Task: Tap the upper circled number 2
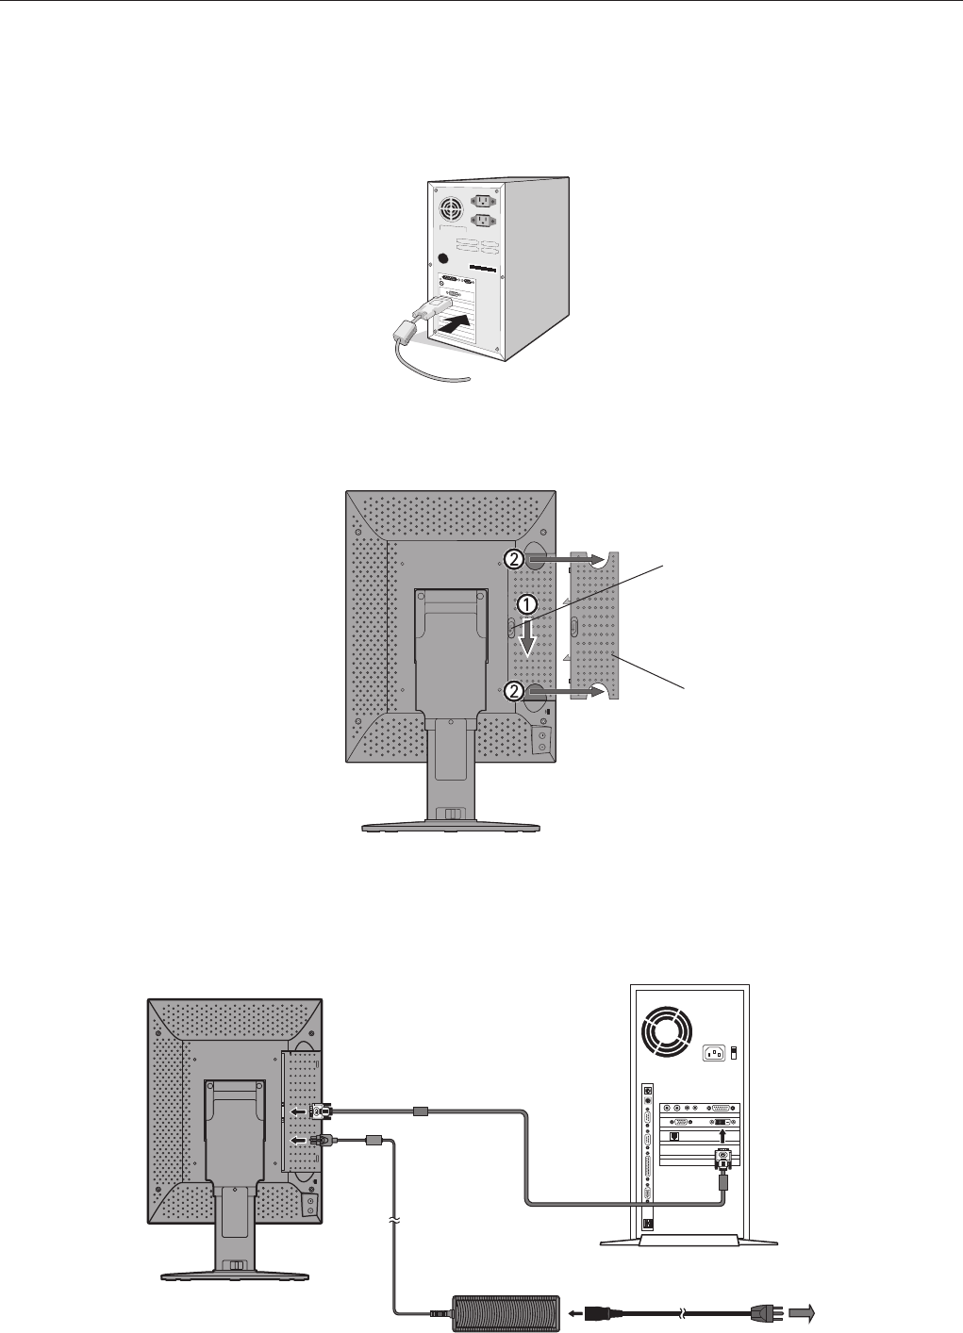(512, 559)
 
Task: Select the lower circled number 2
(512, 690)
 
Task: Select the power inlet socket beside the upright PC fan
(714, 1052)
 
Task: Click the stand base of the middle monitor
(452, 827)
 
